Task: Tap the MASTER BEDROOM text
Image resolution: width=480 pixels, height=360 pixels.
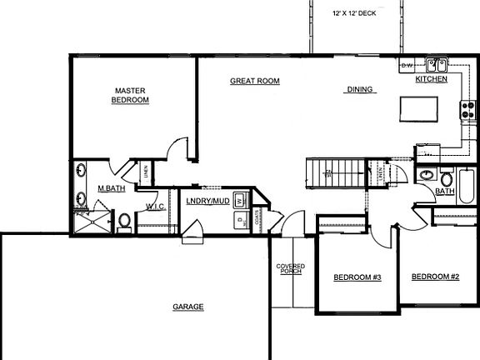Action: point(131,95)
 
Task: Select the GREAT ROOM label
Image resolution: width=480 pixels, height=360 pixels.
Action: point(254,81)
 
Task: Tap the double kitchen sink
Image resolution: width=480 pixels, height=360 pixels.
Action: point(436,64)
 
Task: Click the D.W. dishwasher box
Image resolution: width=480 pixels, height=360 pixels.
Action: point(407,64)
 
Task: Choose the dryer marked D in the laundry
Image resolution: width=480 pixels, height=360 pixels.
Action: point(239,220)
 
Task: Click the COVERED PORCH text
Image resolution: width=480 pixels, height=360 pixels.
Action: point(290,268)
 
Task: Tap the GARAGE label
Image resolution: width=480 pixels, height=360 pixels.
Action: point(187,307)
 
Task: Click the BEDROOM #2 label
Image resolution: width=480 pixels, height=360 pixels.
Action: point(435,277)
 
